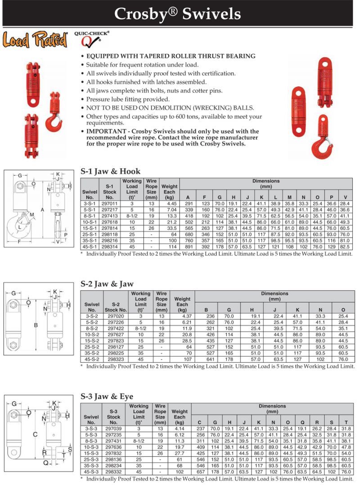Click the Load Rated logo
click(35, 40)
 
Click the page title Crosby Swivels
click(178, 14)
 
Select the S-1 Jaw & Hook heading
click(110, 171)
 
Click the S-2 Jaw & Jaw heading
click(107, 284)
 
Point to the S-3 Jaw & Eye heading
click(107, 396)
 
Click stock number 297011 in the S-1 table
click(109, 203)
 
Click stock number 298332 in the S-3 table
click(113, 472)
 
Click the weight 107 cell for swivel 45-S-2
click(186, 360)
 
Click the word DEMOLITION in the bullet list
click(165, 108)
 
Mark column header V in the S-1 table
click(345, 197)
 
